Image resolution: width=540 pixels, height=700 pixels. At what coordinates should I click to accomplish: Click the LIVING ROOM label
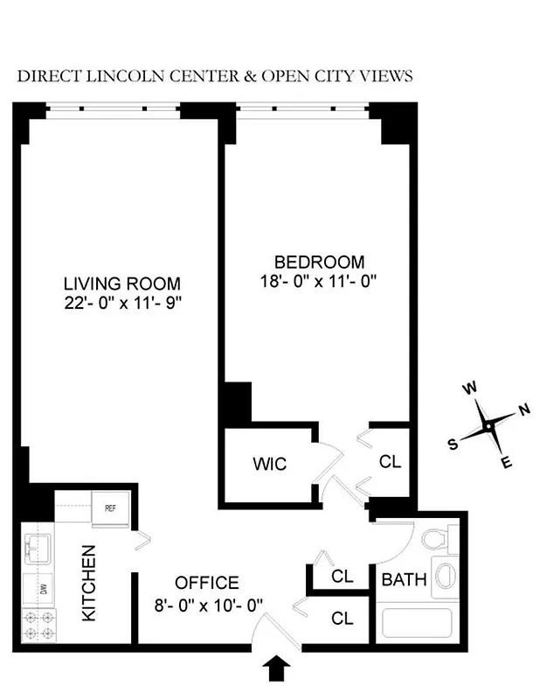(122, 283)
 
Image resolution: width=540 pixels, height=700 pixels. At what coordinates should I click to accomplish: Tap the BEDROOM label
(319, 262)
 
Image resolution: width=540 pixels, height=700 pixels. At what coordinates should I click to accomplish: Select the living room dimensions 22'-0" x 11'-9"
(122, 303)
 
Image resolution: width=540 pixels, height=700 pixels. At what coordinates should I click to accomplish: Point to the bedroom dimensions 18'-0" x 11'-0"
(319, 281)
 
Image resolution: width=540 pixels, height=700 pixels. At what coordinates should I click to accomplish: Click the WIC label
(270, 463)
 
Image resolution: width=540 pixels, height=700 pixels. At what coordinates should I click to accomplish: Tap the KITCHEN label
(89, 584)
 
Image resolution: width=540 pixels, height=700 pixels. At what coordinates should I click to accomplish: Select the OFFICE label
(206, 583)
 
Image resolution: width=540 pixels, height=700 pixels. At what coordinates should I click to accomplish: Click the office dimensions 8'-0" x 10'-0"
(206, 603)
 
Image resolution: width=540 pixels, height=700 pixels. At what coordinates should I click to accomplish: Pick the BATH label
(404, 578)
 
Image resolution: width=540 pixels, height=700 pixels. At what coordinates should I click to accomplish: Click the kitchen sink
(38, 549)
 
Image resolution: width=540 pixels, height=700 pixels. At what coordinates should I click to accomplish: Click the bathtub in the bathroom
(417, 625)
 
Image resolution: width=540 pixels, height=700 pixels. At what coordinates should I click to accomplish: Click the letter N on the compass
(524, 409)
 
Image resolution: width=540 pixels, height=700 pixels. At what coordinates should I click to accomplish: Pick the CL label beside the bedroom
(390, 461)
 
